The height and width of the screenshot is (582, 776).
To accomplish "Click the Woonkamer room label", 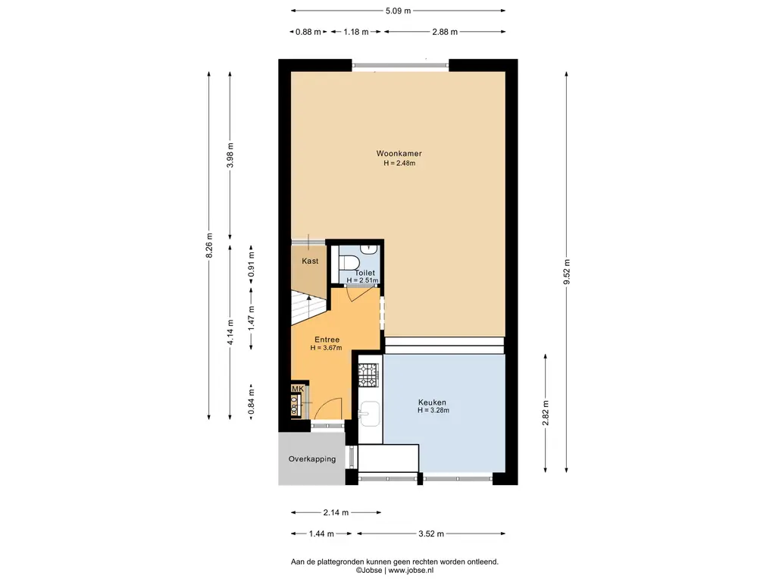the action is click(399, 153).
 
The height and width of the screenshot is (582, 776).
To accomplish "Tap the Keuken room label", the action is click(432, 402).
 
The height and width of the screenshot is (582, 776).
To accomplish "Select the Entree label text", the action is click(327, 339).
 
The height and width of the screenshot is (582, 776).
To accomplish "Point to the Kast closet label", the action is click(310, 261).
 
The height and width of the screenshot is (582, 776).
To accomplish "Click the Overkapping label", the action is click(312, 459).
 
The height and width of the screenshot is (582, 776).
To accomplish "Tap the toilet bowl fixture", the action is click(349, 261).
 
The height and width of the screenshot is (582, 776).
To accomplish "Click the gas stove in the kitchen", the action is click(368, 375).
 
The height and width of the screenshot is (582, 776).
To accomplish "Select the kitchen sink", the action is click(369, 414).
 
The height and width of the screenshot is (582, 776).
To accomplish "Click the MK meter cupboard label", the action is click(297, 389).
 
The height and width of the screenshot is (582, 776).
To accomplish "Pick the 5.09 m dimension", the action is click(399, 11).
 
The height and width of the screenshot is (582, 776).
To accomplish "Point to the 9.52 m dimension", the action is click(567, 272).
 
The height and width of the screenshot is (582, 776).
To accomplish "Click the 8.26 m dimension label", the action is click(209, 246).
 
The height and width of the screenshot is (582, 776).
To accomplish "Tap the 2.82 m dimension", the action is click(546, 413).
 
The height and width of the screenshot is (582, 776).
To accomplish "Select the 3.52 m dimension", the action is click(431, 533).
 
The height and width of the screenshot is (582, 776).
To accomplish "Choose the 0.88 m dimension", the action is click(308, 32).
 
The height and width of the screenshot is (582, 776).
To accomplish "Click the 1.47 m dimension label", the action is click(252, 318).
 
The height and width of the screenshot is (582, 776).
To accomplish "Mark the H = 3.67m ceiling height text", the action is click(326, 348).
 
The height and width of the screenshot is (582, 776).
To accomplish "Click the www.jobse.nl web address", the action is click(411, 570).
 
